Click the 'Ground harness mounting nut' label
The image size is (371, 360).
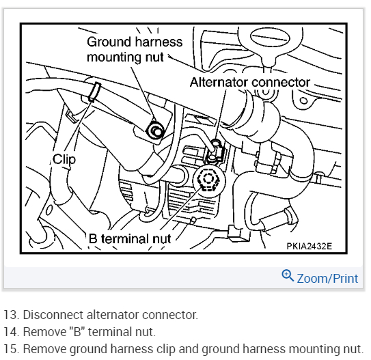tap(135, 49)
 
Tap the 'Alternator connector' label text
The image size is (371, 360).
tap(249, 82)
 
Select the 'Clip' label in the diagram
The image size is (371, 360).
tap(64, 159)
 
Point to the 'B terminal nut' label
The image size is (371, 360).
tap(130, 238)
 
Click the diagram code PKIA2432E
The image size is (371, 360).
tap(310, 246)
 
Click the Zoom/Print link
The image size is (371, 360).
tap(327, 278)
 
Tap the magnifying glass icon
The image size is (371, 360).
tap(288, 275)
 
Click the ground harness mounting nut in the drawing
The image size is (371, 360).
tap(156, 130)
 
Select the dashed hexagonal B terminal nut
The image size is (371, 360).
tap(208, 178)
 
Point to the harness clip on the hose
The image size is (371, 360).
tap(95, 92)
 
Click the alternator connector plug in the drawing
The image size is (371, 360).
tap(215, 152)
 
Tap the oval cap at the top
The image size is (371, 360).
tap(270, 38)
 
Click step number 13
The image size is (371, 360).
tap(12, 315)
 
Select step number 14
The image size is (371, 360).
tap(12, 331)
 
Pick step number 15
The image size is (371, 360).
tap(12, 349)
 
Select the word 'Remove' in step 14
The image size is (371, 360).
tap(45, 331)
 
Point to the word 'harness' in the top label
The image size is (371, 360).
tap(159, 42)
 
